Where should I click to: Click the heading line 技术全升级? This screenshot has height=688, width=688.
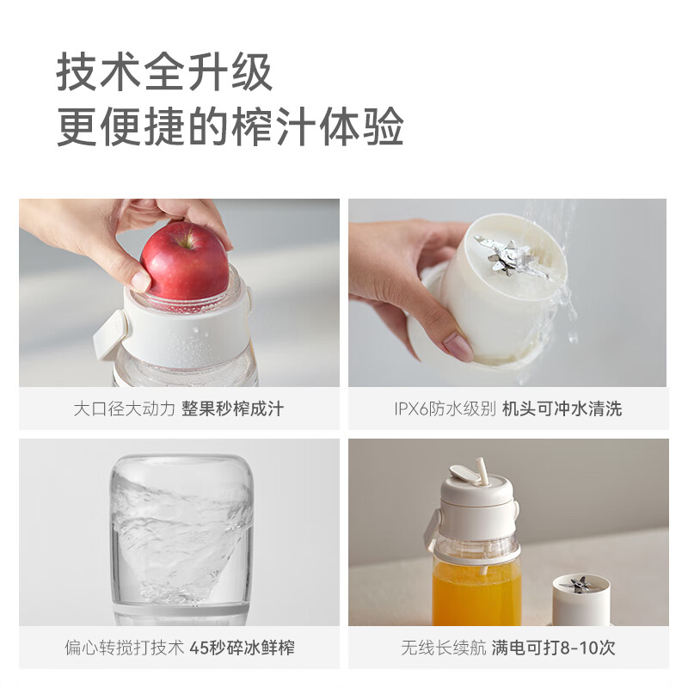point(165,74)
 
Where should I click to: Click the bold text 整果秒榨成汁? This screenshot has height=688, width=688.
point(232,408)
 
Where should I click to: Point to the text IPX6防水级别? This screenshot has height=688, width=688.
point(445,408)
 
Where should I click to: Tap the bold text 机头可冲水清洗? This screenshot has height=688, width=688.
point(562,408)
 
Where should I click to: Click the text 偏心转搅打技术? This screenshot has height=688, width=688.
point(125,648)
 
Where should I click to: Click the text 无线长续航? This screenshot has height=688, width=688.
point(436,648)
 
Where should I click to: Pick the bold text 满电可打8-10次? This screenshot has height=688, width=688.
point(553,648)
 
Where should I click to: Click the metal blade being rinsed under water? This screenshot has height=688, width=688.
point(512,257)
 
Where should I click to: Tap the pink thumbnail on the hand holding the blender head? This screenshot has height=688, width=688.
point(457,347)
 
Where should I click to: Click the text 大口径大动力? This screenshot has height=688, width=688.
point(125,408)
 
